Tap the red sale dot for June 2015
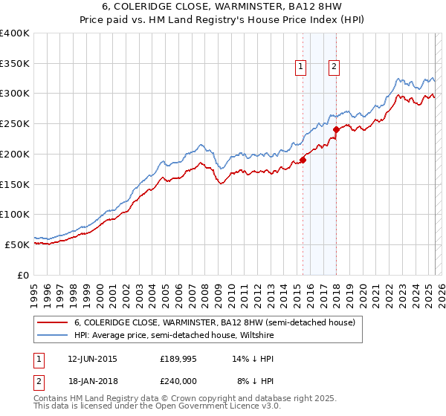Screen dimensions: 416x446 [x=303, y=159]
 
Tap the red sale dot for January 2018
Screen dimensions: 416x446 [x=337, y=129]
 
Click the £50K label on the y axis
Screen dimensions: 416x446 [x=17, y=244]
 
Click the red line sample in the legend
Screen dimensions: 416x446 [x=53, y=322]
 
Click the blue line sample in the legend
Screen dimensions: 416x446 [x=53, y=334]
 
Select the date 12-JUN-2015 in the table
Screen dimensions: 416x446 [x=92, y=358]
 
